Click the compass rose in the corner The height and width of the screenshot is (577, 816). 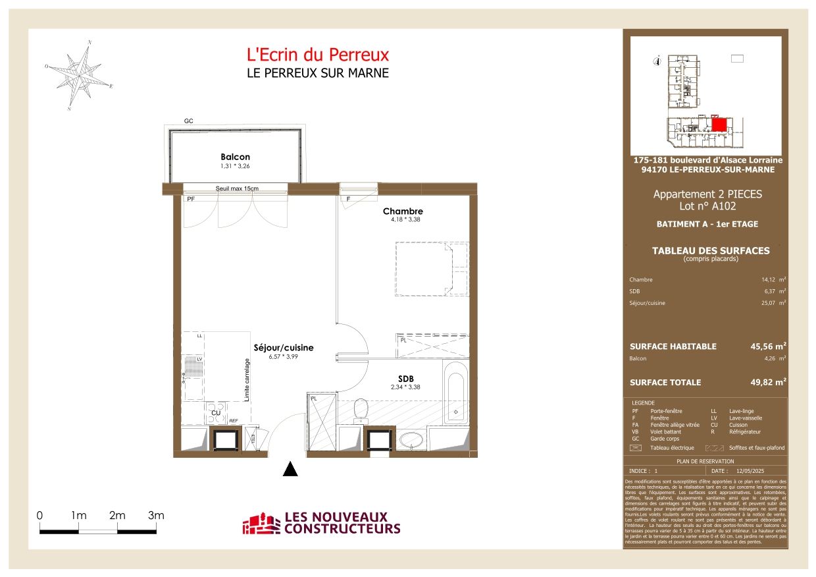click(x=78, y=74)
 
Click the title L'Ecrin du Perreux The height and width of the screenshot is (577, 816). click(x=317, y=55)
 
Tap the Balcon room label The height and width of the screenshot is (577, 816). click(x=235, y=157)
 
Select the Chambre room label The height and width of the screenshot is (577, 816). click(x=403, y=211)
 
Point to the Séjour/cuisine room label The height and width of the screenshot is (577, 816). click(x=284, y=348)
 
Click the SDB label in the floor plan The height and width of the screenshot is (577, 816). click(x=405, y=379)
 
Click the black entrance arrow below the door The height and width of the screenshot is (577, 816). click(x=290, y=469)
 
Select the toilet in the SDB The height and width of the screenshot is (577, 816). click(x=360, y=408)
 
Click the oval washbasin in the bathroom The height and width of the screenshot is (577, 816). click(x=412, y=439)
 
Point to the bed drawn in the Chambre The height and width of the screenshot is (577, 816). click(x=431, y=269)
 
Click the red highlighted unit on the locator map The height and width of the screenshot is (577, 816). click(x=719, y=124)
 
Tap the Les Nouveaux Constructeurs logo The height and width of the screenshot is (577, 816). click(x=322, y=524)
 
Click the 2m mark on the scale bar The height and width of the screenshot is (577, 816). click(x=117, y=516)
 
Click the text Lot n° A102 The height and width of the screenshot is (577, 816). click(x=707, y=206)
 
